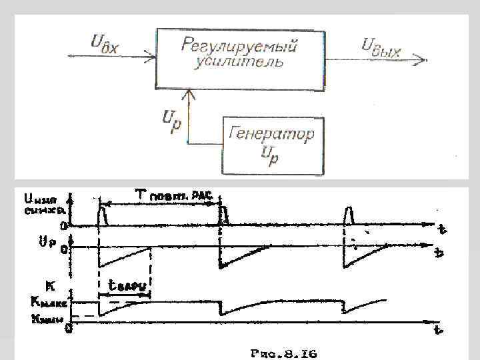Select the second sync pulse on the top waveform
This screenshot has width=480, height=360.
pos(223,215)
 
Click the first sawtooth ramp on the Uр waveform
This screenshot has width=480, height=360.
pos(124,257)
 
